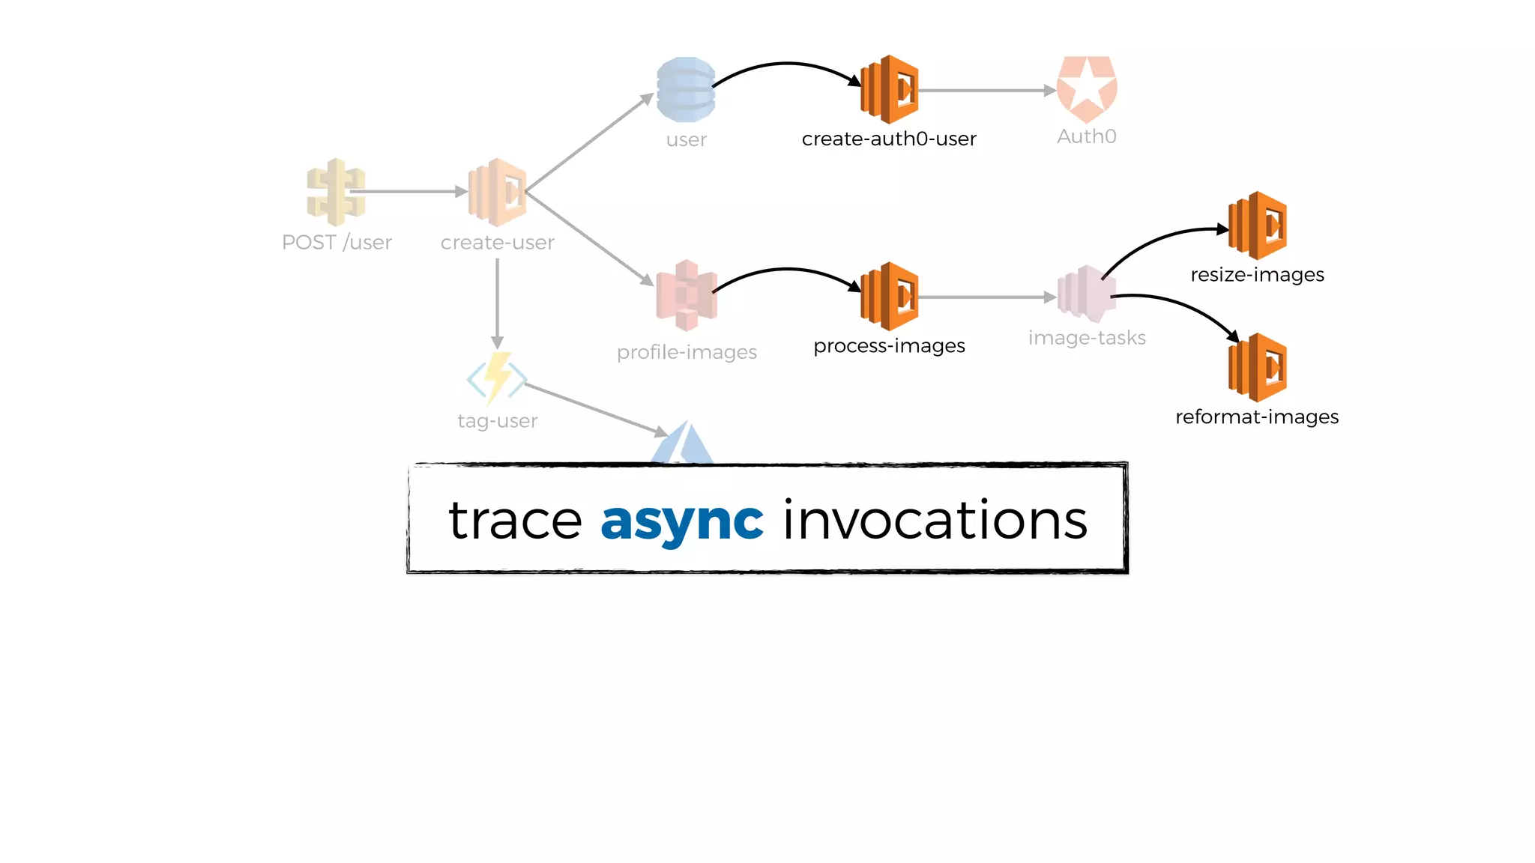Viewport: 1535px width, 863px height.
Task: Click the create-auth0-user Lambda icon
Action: tap(890, 89)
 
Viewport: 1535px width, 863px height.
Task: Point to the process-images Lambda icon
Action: tap(890, 296)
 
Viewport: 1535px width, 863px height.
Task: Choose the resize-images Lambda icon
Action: tap(1258, 225)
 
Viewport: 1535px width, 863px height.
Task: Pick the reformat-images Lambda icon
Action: tap(1258, 367)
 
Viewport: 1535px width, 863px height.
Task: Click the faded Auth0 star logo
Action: tap(1087, 89)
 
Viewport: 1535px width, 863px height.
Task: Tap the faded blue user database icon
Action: tap(686, 89)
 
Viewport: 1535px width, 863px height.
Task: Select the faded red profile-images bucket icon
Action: tap(687, 296)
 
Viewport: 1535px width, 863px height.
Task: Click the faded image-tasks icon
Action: tap(1087, 294)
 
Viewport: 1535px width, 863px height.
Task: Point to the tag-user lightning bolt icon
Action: tap(497, 378)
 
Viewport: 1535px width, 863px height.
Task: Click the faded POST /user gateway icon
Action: tap(336, 192)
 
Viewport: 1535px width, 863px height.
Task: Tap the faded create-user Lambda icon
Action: tap(497, 192)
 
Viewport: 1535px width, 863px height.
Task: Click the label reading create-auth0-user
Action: tap(889, 139)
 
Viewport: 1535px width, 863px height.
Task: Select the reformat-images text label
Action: tap(1257, 417)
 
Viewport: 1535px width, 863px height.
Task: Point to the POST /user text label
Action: tap(337, 243)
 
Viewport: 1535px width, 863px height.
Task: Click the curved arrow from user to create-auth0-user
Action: tap(787, 64)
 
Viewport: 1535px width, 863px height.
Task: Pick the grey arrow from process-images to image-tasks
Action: tap(986, 297)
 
